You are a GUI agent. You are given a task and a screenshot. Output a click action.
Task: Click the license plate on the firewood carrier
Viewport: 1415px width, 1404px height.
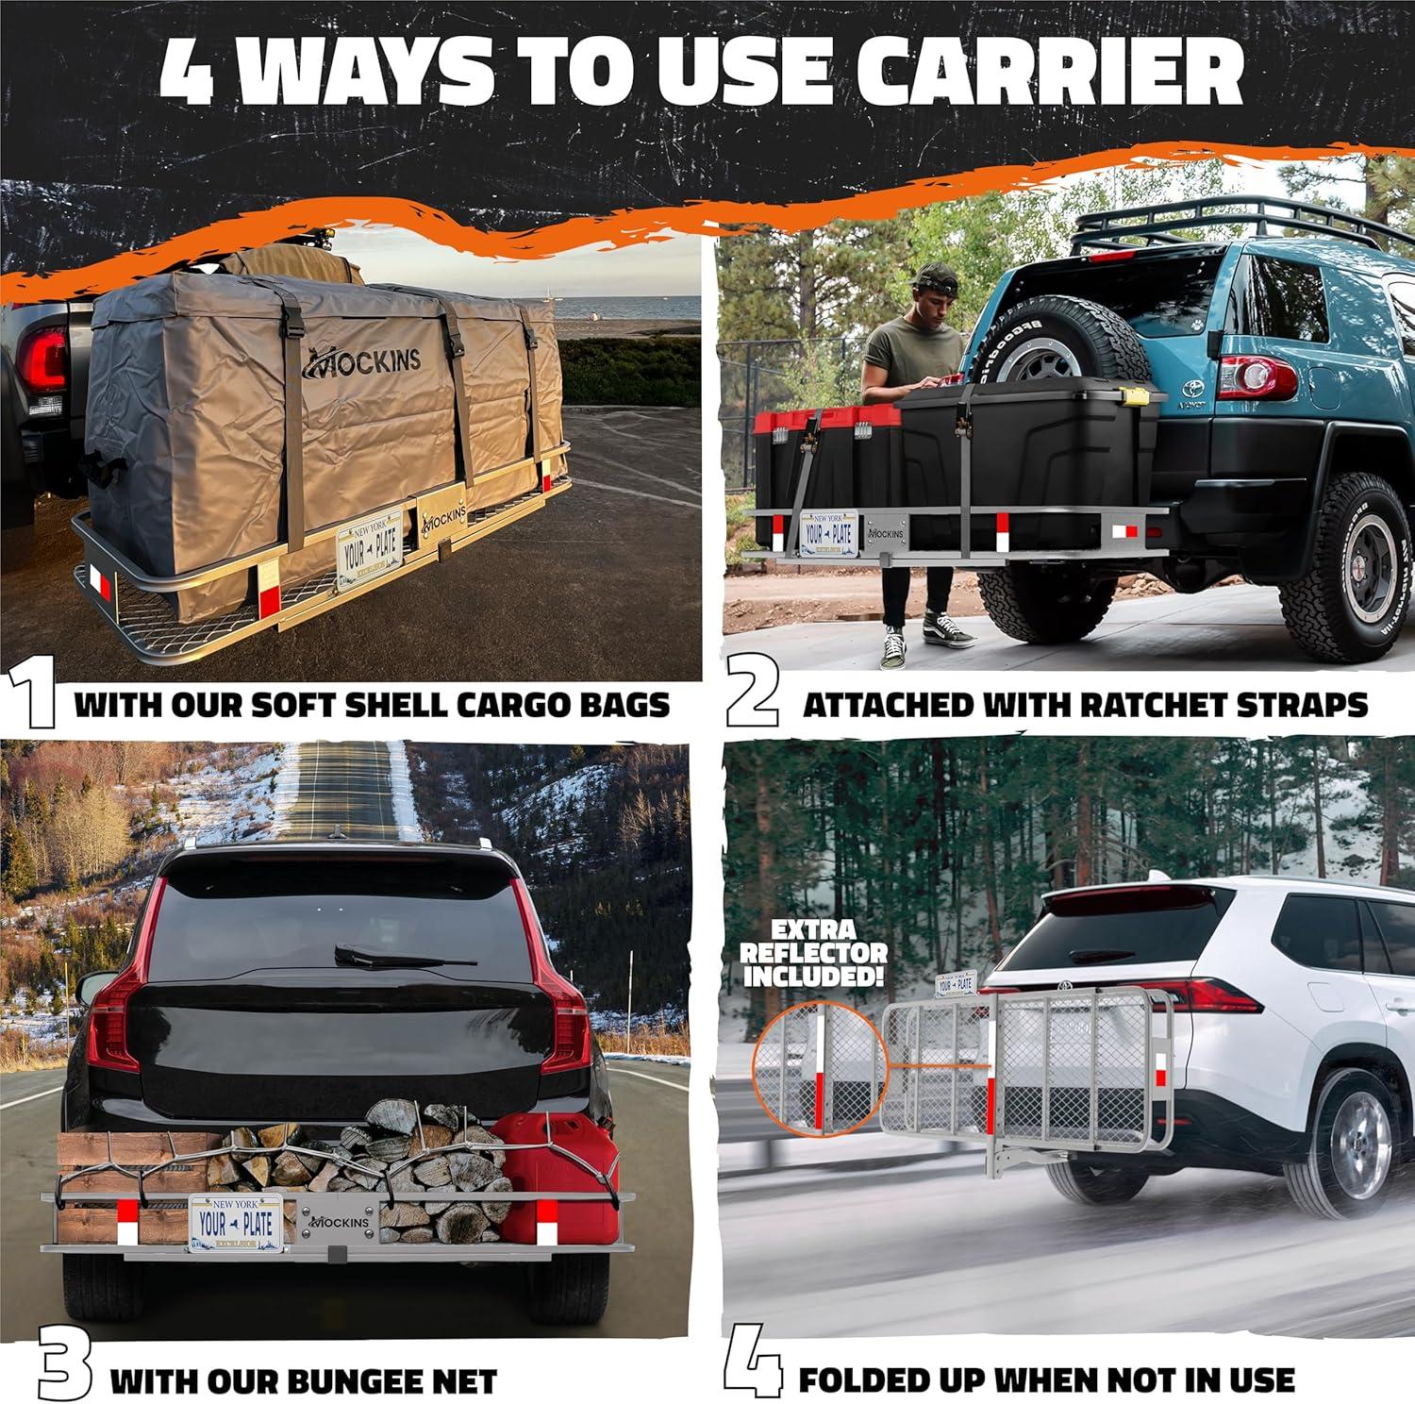point(235,1224)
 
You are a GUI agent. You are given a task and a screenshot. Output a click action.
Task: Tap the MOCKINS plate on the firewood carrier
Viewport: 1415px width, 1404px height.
point(338,1223)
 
